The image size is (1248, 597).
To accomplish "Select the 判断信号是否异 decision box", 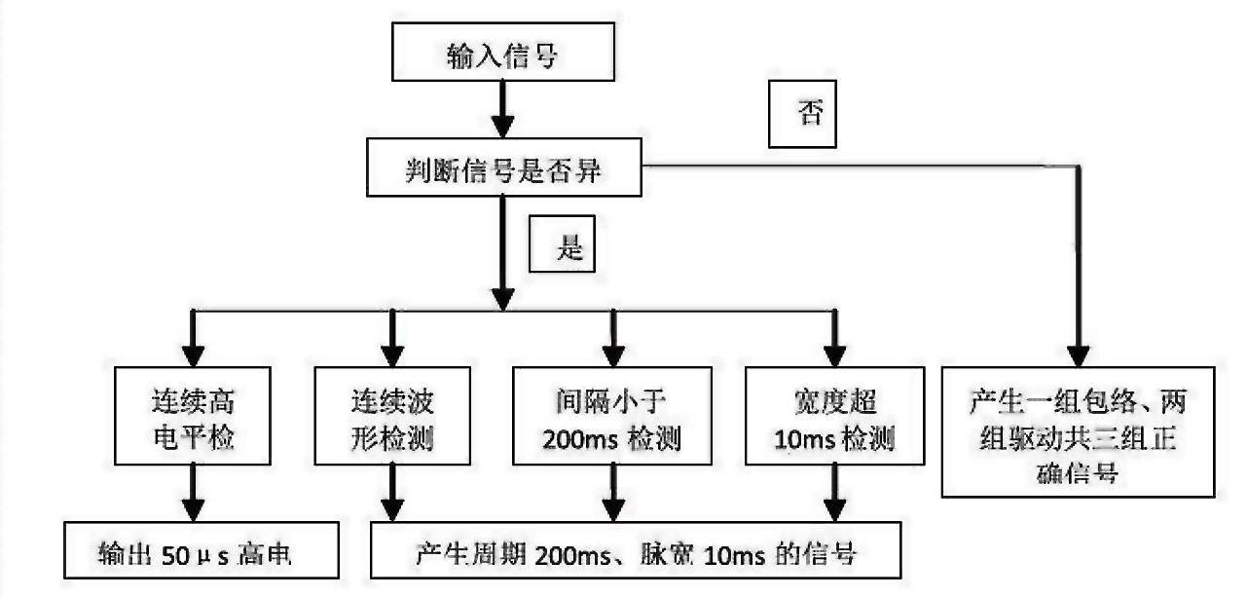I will (x=504, y=170).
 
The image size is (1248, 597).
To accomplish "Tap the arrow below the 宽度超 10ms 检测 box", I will (x=831, y=494).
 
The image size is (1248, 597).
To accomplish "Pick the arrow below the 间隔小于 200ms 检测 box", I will (x=613, y=494).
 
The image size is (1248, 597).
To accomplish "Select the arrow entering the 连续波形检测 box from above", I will (x=392, y=338).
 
